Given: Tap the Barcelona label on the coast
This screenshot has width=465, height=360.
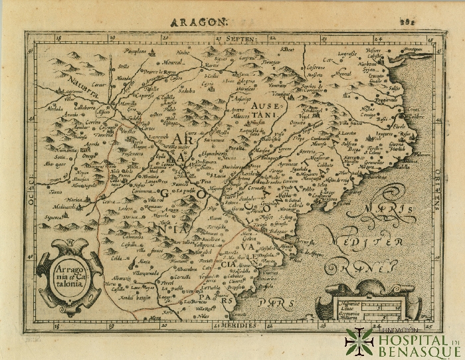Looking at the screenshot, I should click(x=378, y=179).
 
